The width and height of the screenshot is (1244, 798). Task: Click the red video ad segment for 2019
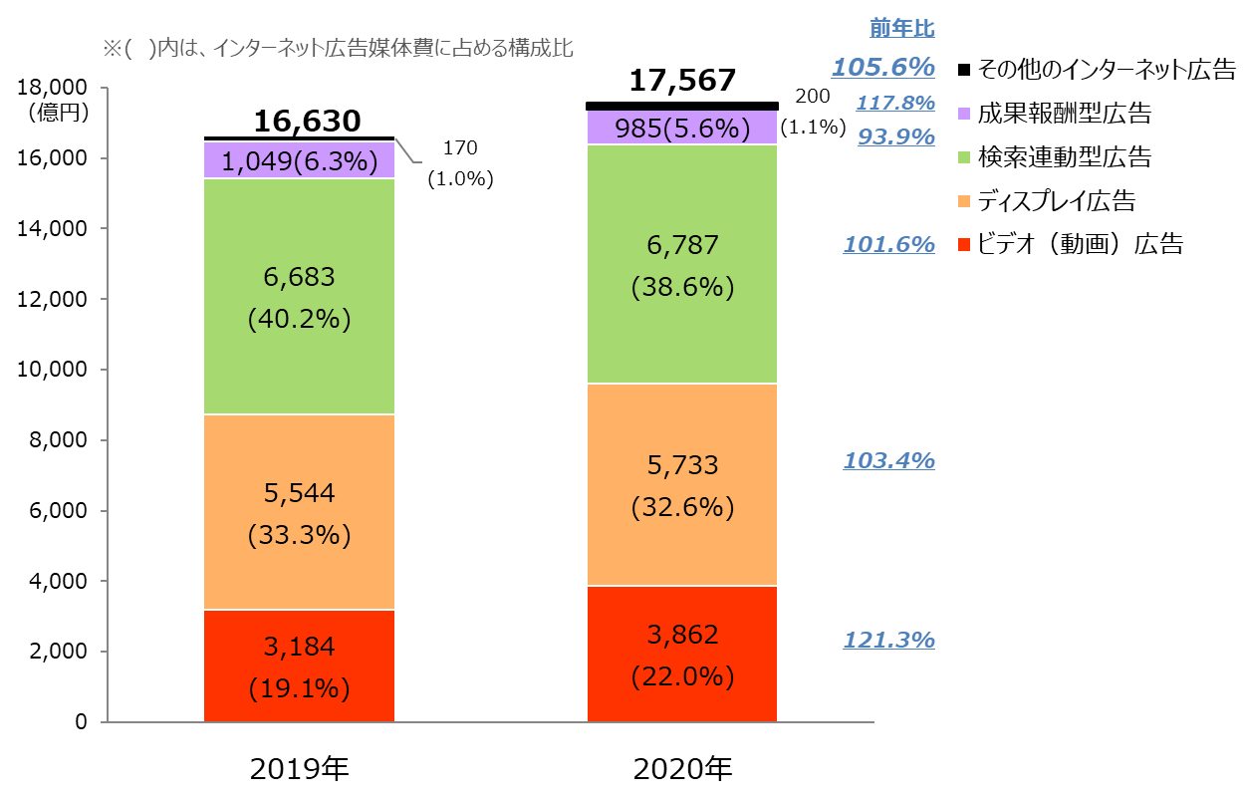pos(299,665)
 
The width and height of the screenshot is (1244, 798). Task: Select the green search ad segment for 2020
pos(682,264)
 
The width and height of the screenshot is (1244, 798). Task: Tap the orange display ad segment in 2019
pos(299,512)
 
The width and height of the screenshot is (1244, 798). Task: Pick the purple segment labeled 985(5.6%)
pos(682,128)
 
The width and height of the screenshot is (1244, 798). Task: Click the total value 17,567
pos(682,81)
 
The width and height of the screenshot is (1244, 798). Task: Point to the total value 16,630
pos(306,121)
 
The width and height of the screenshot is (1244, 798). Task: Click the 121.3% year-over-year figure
pos(888,640)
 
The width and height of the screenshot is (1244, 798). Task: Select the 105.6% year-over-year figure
pos(882,68)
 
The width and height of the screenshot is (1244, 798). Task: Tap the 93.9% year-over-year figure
pos(895,136)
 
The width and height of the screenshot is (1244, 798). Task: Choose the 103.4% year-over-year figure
pos(888,460)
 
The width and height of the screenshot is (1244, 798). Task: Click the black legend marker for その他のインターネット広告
pos(963,70)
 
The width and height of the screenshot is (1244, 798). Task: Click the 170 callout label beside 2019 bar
pos(460,148)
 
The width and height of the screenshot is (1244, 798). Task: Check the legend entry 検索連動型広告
pos(1064,156)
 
